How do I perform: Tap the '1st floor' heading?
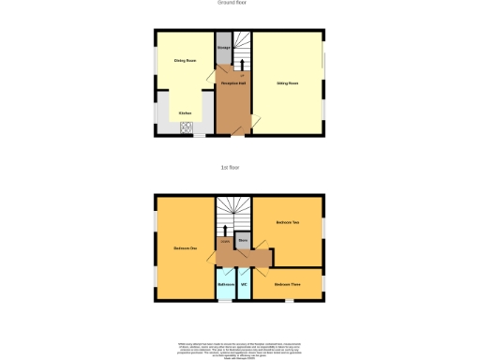[230, 167]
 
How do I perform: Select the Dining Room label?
[185, 61]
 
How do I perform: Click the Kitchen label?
[185, 112]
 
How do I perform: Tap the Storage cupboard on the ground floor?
[224, 48]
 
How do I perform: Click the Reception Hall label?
[232, 83]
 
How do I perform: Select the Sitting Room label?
[287, 83]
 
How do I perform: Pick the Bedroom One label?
[185, 247]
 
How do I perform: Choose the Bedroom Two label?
[287, 222]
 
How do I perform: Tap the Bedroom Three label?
[287, 283]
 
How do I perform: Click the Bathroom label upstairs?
[226, 283]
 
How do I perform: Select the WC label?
[244, 283]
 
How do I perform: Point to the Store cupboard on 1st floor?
[242, 240]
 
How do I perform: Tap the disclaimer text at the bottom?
[240, 348]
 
